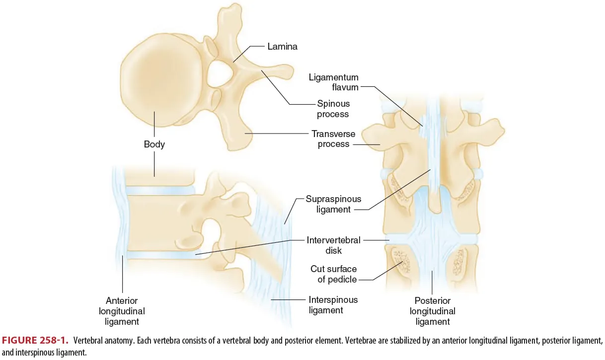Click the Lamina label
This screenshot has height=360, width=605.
point(282,47)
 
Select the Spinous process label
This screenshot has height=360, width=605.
point(333,109)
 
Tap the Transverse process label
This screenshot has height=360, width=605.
point(331,139)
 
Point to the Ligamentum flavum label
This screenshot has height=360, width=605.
point(333,82)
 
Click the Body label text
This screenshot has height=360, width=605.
point(154,144)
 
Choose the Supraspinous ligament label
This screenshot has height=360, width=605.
point(333,204)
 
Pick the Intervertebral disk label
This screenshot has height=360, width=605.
point(333,245)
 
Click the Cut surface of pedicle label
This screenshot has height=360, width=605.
point(334,274)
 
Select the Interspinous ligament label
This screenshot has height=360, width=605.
point(333,305)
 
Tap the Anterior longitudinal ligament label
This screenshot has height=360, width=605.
point(122,311)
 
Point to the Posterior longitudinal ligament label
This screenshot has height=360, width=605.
point(432,311)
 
